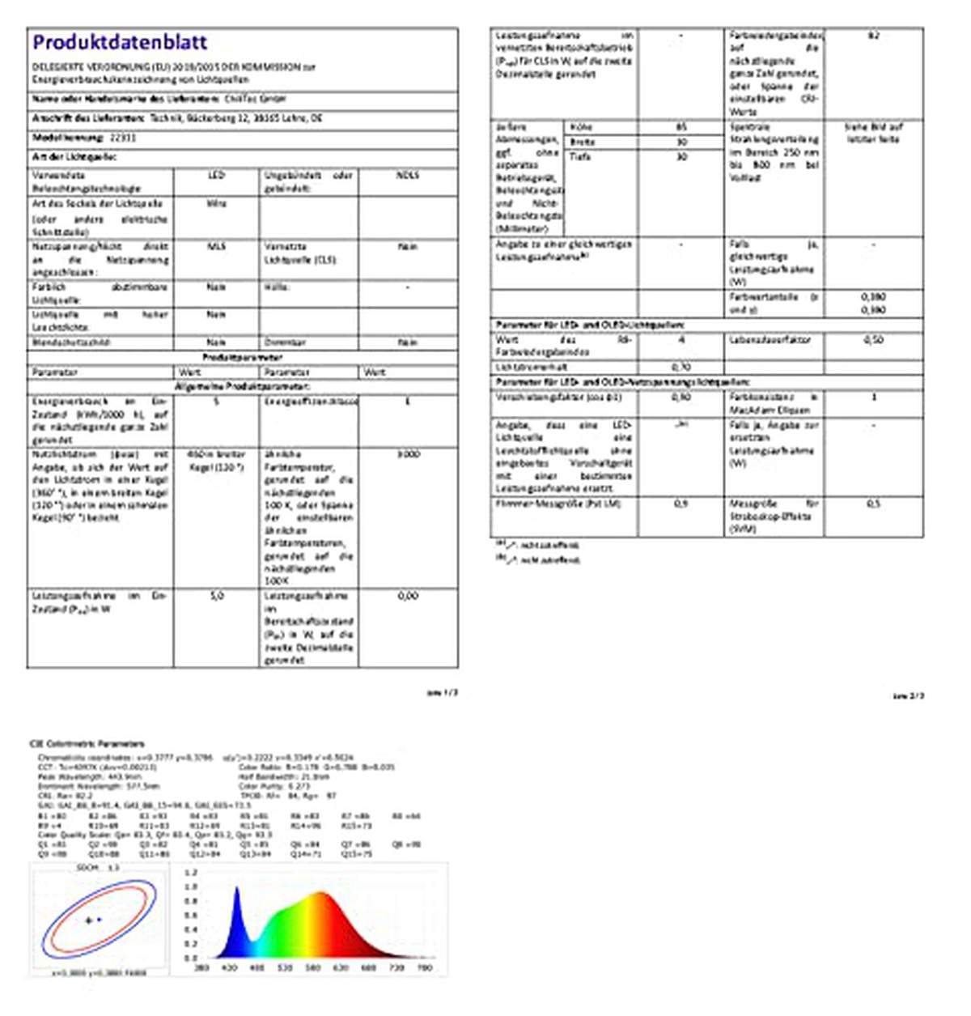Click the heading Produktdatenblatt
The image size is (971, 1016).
pyautogui.click(x=120, y=42)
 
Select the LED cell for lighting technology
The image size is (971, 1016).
pyautogui.click(x=216, y=176)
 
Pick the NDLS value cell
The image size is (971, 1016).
pyautogui.click(x=407, y=176)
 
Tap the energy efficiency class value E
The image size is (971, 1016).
pyautogui.click(x=407, y=401)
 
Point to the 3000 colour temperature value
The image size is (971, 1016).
pyautogui.click(x=408, y=455)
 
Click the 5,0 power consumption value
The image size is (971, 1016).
pyautogui.click(x=216, y=596)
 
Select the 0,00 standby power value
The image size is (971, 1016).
pyautogui.click(x=408, y=596)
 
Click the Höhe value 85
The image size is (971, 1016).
pyautogui.click(x=681, y=128)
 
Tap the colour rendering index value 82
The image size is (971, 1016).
pyautogui.click(x=873, y=36)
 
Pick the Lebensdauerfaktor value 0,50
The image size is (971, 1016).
pyautogui.click(x=873, y=340)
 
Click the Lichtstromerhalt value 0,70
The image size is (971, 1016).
pyautogui.click(x=681, y=367)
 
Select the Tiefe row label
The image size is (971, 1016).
pyautogui.click(x=580, y=156)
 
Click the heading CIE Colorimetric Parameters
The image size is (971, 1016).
pyautogui.click(x=87, y=743)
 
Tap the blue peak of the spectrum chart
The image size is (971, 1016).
pyautogui.click(x=238, y=891)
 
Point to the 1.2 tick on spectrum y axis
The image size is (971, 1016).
pyautogui.click(x=191, y=873)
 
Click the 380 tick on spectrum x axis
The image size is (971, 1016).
pyautogui.click(x=202, y=967)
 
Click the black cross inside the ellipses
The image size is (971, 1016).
pyautogui.click(x=88, y=920)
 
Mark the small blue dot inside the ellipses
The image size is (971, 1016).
pyautogui.click(x=99, y=920)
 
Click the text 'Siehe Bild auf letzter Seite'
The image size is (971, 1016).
pyautogui.click(x=873, y=134)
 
